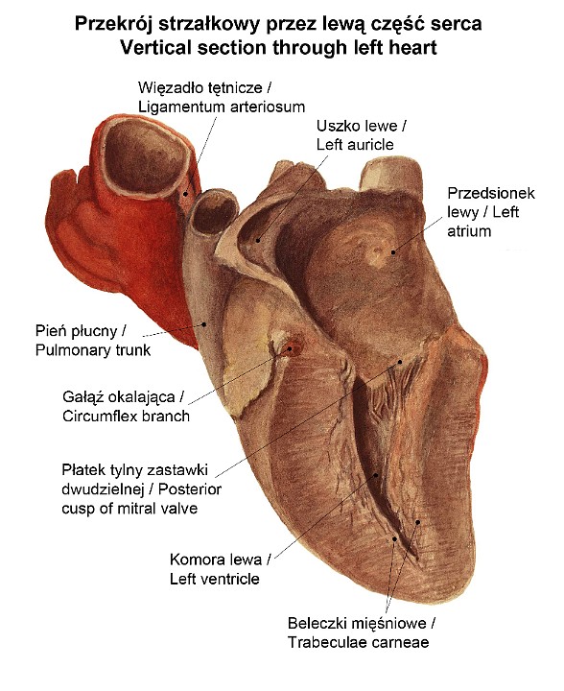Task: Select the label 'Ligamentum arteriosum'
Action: tap(222, 107)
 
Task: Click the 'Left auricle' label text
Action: tap(355, 145)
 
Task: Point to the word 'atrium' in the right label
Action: tap(469, 231)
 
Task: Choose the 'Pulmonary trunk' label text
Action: tap(93, 350)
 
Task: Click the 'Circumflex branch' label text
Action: tap(126, 417)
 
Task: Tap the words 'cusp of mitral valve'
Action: tap(129, 509)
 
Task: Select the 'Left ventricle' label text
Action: tap(215, 579)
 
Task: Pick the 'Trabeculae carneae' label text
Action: tap(359, 642)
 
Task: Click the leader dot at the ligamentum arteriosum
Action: tap(186, 194)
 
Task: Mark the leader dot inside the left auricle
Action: tap(258, 240)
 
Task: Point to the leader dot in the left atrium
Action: tap(393, 252)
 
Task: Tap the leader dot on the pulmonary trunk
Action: tap(204, 324)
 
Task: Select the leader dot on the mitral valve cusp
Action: tap(400, 362)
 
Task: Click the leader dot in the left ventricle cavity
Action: tap(376, 475)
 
